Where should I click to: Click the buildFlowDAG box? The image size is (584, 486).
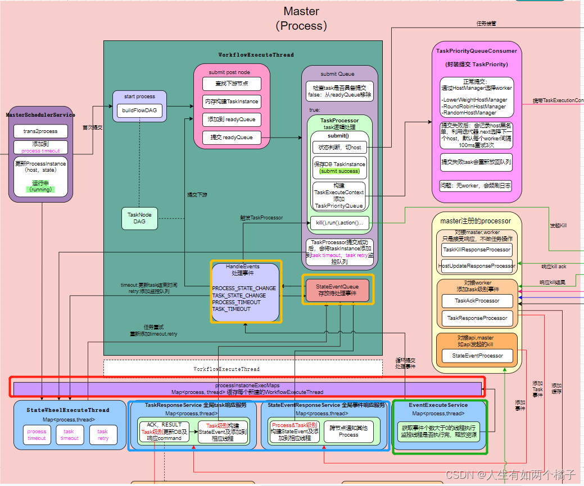139,111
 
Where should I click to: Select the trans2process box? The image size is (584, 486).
40,131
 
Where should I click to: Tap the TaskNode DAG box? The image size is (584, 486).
139,218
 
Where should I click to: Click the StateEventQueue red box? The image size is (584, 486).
337,290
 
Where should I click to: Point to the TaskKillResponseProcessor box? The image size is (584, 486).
477,250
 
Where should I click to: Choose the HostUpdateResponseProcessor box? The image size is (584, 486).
477,266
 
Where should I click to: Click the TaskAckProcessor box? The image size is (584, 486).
477,301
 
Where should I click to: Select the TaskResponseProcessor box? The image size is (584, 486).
477,318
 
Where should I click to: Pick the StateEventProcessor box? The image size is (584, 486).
477,355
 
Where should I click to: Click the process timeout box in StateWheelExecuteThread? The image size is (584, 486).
37,435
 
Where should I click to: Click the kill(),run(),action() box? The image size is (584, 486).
339,223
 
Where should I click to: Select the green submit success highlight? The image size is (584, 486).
339,171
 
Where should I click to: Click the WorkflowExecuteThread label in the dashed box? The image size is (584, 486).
227,369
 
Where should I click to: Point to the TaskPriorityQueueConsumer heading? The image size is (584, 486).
476,51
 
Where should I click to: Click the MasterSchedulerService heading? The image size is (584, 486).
40,115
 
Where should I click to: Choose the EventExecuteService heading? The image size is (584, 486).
438,405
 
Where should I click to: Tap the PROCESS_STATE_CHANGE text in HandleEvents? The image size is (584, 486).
244,288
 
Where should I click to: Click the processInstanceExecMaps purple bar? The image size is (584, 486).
247,388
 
